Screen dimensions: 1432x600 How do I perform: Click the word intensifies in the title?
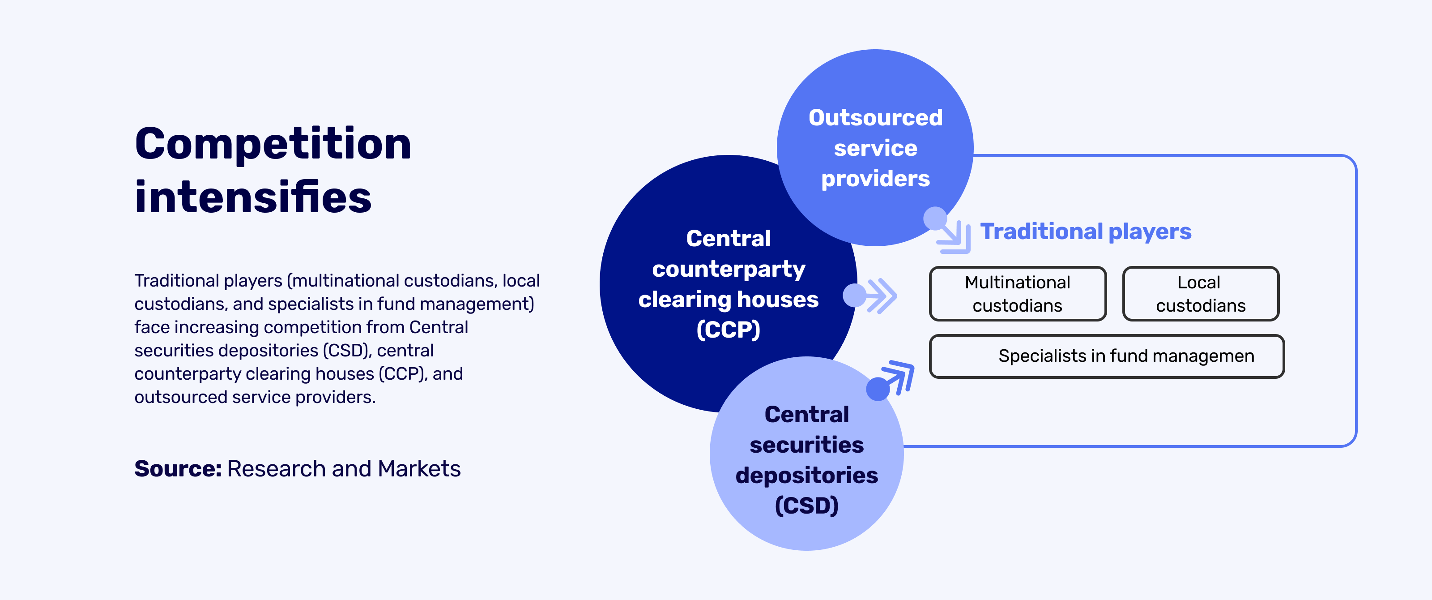[x=253, y=197]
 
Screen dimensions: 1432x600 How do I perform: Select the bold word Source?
[x=178, y=469]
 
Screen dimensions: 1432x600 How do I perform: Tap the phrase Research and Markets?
[x=344, y=469]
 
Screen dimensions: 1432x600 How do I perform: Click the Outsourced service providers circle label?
[x=876, y=148]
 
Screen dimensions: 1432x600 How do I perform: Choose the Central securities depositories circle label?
[x=806, y=460]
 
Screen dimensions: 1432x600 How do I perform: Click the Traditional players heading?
[x=1086, y=231]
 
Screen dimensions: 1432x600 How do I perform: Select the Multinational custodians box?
[x=1018, y=294]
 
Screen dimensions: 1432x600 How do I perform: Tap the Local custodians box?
[x=1201, y=294]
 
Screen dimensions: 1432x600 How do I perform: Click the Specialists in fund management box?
[x=1107, y=356]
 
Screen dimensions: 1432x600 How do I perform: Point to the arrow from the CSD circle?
[x=899, y=376]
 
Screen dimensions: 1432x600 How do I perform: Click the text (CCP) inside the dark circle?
[x=728, y=330]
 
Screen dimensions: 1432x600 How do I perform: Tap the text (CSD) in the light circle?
[x=806, y=506]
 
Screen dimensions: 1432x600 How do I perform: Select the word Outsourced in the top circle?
[x=876, y=117]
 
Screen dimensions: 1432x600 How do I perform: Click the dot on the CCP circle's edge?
[x=854, y=295]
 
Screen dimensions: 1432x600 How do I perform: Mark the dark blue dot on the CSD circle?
[x=878, y=389]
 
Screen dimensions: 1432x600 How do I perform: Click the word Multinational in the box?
[x=1017, y=282]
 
